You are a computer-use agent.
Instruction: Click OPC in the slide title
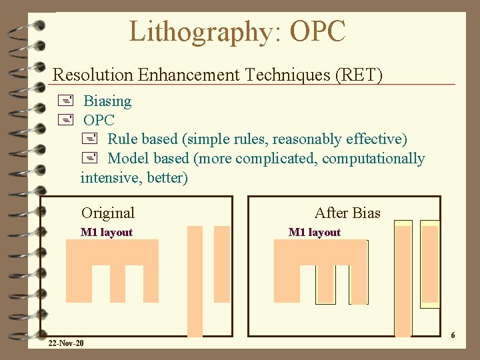click(318, 31)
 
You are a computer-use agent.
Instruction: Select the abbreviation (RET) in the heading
click(361, 75)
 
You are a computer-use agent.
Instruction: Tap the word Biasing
click(107, 101)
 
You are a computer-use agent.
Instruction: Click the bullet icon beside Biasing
click(65, 101)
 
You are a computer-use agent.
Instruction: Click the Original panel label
click(108, 213)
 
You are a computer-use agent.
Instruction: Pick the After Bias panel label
click(347, 213)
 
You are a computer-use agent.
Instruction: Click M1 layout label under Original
click(107, 233)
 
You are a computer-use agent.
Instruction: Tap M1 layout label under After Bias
click(315, 233)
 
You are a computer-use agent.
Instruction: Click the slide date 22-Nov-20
click(66, 343)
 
